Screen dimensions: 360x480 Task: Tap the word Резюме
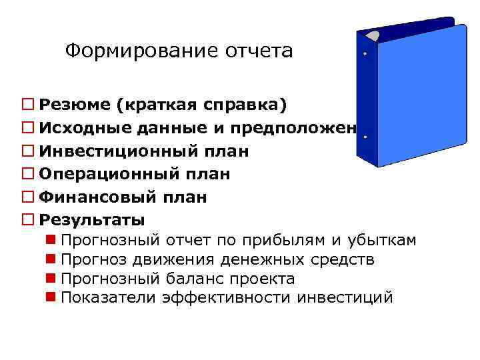point(75,105)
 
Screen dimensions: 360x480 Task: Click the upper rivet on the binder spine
point(365,54)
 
